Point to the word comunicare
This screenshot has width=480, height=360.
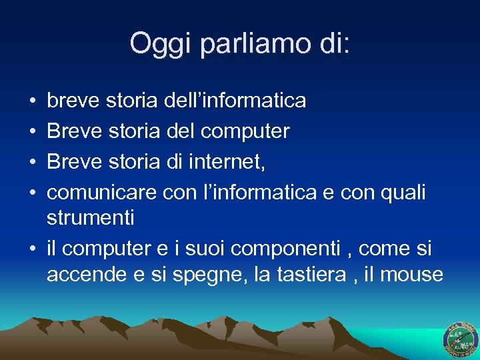102,193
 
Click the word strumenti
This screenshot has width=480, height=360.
91,217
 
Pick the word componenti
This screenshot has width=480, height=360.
312,249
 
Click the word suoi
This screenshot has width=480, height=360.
209,249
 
